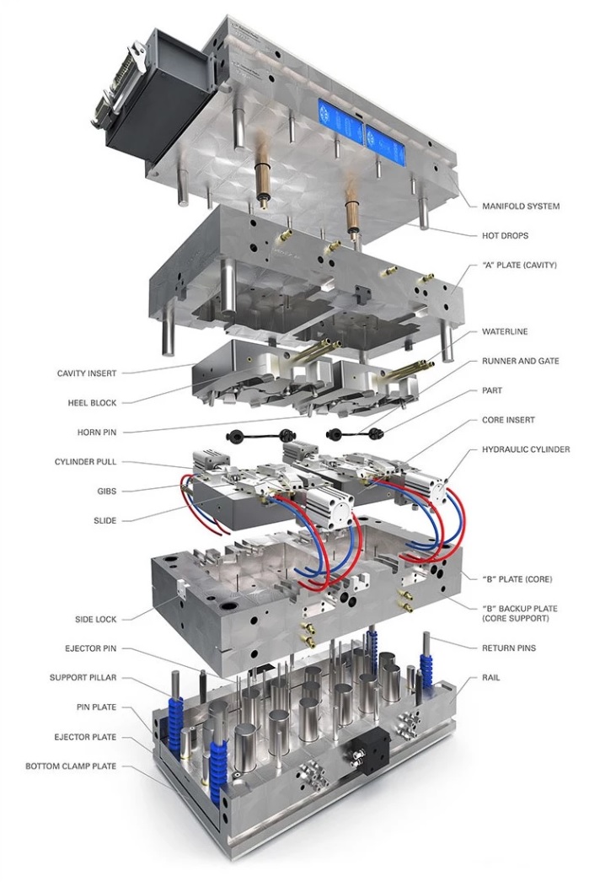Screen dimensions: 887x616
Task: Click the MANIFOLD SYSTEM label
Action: click(x=520, y=206)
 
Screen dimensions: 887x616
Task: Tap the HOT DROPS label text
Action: click(x=506, y=235)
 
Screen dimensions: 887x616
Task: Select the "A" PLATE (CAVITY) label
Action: click(x=519, y=265)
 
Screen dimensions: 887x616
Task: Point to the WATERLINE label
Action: click(x=505, y=331)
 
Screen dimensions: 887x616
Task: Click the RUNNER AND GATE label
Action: click(x=520, y=361)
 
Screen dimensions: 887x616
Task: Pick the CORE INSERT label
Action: click(x=508, y=419)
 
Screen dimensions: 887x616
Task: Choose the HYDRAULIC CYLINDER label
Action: click(x=526, y=449)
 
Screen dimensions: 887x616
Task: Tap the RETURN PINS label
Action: click(x=509, y=648)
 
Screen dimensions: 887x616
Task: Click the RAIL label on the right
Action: click(x=491, y=677)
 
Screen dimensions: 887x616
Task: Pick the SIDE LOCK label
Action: click(x=95, y=619)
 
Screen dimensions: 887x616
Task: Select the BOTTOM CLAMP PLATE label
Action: click(x=71, y=766)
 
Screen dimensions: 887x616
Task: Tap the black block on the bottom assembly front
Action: click(x=369, y=747)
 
